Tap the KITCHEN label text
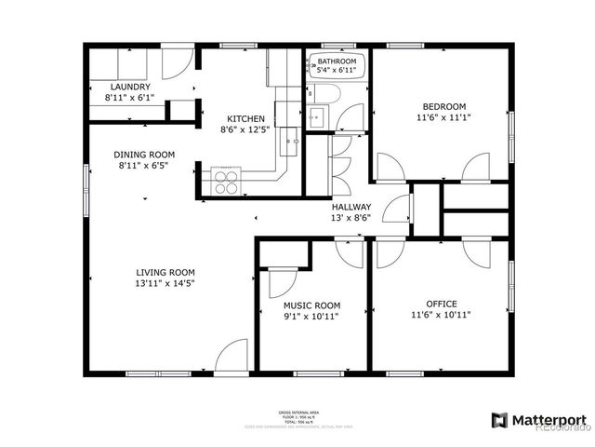click(246, 119)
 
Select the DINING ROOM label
click(144, 155)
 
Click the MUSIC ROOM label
click(311, 305)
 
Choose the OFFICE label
click(442, 304)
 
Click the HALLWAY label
click(350, 207)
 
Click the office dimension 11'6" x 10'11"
click(442, 315)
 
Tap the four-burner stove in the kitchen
click(227, 181)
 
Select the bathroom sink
click(316, 116)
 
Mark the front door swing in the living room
click(232, 358)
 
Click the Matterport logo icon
click(499, 420)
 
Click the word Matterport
click(549, 420)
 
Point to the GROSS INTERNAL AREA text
click(297, 411)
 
